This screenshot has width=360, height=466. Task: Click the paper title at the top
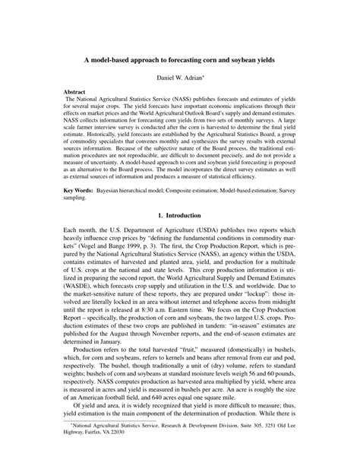click(179, 59)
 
